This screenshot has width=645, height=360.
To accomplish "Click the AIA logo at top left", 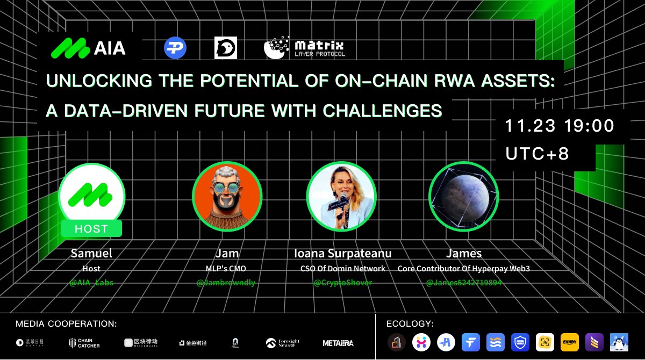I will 88,48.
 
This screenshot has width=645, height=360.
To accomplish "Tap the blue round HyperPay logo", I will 175,48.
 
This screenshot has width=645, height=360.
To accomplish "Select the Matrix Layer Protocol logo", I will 304,48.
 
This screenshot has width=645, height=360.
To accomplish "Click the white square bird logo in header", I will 225,48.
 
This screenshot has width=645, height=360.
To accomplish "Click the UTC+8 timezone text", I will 537,154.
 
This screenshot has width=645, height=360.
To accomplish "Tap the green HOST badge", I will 91,228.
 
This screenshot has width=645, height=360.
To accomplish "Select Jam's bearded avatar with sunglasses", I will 227,196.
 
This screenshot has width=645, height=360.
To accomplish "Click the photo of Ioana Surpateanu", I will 341,196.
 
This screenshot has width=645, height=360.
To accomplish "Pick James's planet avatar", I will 463,196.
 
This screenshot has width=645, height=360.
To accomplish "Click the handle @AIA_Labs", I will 91,283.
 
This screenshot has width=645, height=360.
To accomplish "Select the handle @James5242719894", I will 463,283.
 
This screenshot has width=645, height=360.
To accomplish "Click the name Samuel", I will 91,254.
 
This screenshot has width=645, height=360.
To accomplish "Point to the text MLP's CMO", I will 227,269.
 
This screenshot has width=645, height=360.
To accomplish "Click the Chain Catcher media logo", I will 84,342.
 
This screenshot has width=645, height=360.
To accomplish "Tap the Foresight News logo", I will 283,342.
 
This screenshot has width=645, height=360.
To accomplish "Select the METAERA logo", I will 338,342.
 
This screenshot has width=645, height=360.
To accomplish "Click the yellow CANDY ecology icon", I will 570,342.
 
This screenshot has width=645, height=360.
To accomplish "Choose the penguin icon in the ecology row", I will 619,342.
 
